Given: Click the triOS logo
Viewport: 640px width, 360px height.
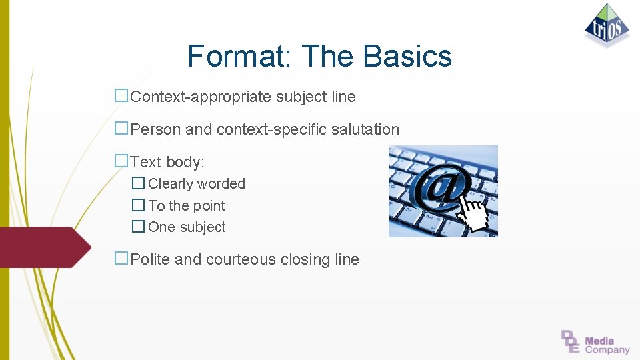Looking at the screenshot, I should point(607,25).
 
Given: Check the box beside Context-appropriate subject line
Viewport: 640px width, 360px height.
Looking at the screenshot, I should point(121,95).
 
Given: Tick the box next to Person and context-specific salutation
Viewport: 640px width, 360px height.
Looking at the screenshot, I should point(121,128).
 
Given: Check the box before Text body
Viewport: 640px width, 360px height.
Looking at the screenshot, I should point(121,161).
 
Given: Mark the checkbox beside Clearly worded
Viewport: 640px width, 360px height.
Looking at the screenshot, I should point(138,183).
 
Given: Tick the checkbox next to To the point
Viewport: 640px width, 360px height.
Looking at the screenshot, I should point(138,205).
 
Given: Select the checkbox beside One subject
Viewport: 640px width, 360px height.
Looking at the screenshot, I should point(138,226).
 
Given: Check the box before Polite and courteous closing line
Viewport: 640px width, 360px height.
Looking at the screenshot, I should point(121,259).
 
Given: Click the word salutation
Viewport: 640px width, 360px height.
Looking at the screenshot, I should point(368,129).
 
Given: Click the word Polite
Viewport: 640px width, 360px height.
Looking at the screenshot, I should point(150,259).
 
